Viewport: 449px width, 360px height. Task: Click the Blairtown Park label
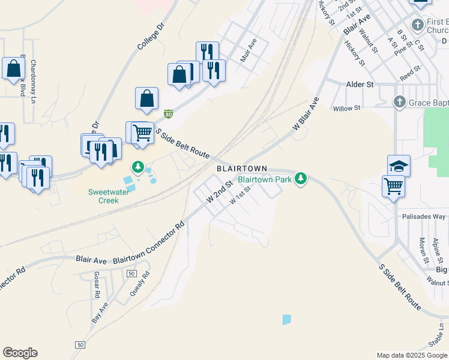coord(264,179)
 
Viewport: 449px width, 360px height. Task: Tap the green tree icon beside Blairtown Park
coord(301,179)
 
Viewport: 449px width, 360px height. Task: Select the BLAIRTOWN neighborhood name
coord(241,169)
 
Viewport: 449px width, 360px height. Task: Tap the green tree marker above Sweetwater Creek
coord(139,166)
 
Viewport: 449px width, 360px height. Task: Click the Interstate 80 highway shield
coord(169,113)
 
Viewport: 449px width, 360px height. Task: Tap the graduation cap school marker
coord(399,165)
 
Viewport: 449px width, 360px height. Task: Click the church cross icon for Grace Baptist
coord(399,103)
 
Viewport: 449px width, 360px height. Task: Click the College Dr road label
coord(150,36)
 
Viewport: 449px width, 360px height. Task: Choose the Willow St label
coord(347,108)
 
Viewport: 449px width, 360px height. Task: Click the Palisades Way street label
coord(424,216)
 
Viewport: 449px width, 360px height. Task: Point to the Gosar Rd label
coord(96,285)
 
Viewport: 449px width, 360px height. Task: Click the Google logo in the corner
coord(20,353)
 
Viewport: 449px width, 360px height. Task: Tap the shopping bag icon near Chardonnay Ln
coord(13,69)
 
